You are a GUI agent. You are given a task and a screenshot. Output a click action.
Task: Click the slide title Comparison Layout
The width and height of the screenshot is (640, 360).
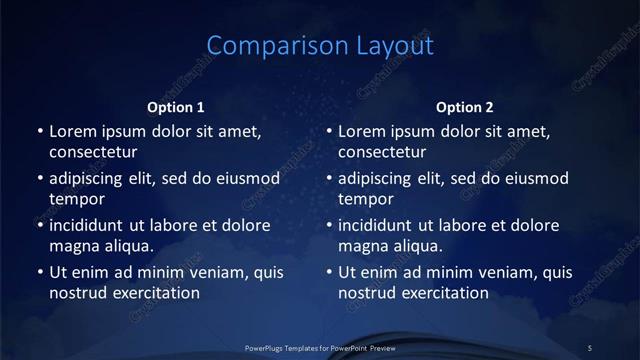click(x=320, y=46)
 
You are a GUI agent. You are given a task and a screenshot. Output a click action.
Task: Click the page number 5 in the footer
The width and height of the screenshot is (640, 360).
click(x=590, y=347)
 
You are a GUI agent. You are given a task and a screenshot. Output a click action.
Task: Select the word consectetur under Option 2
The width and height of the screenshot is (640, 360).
click(x=382, y=153)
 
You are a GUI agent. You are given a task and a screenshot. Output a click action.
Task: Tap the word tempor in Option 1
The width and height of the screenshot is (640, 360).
click(x=75, y=199)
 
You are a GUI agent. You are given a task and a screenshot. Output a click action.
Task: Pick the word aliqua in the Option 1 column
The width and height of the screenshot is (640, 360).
click(x=124, y=245)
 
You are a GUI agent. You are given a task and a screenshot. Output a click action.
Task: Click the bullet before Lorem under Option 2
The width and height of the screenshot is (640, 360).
click(x=328, y=131)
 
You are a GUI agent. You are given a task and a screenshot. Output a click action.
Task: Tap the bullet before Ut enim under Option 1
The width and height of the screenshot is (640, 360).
click(x=38, y=271)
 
